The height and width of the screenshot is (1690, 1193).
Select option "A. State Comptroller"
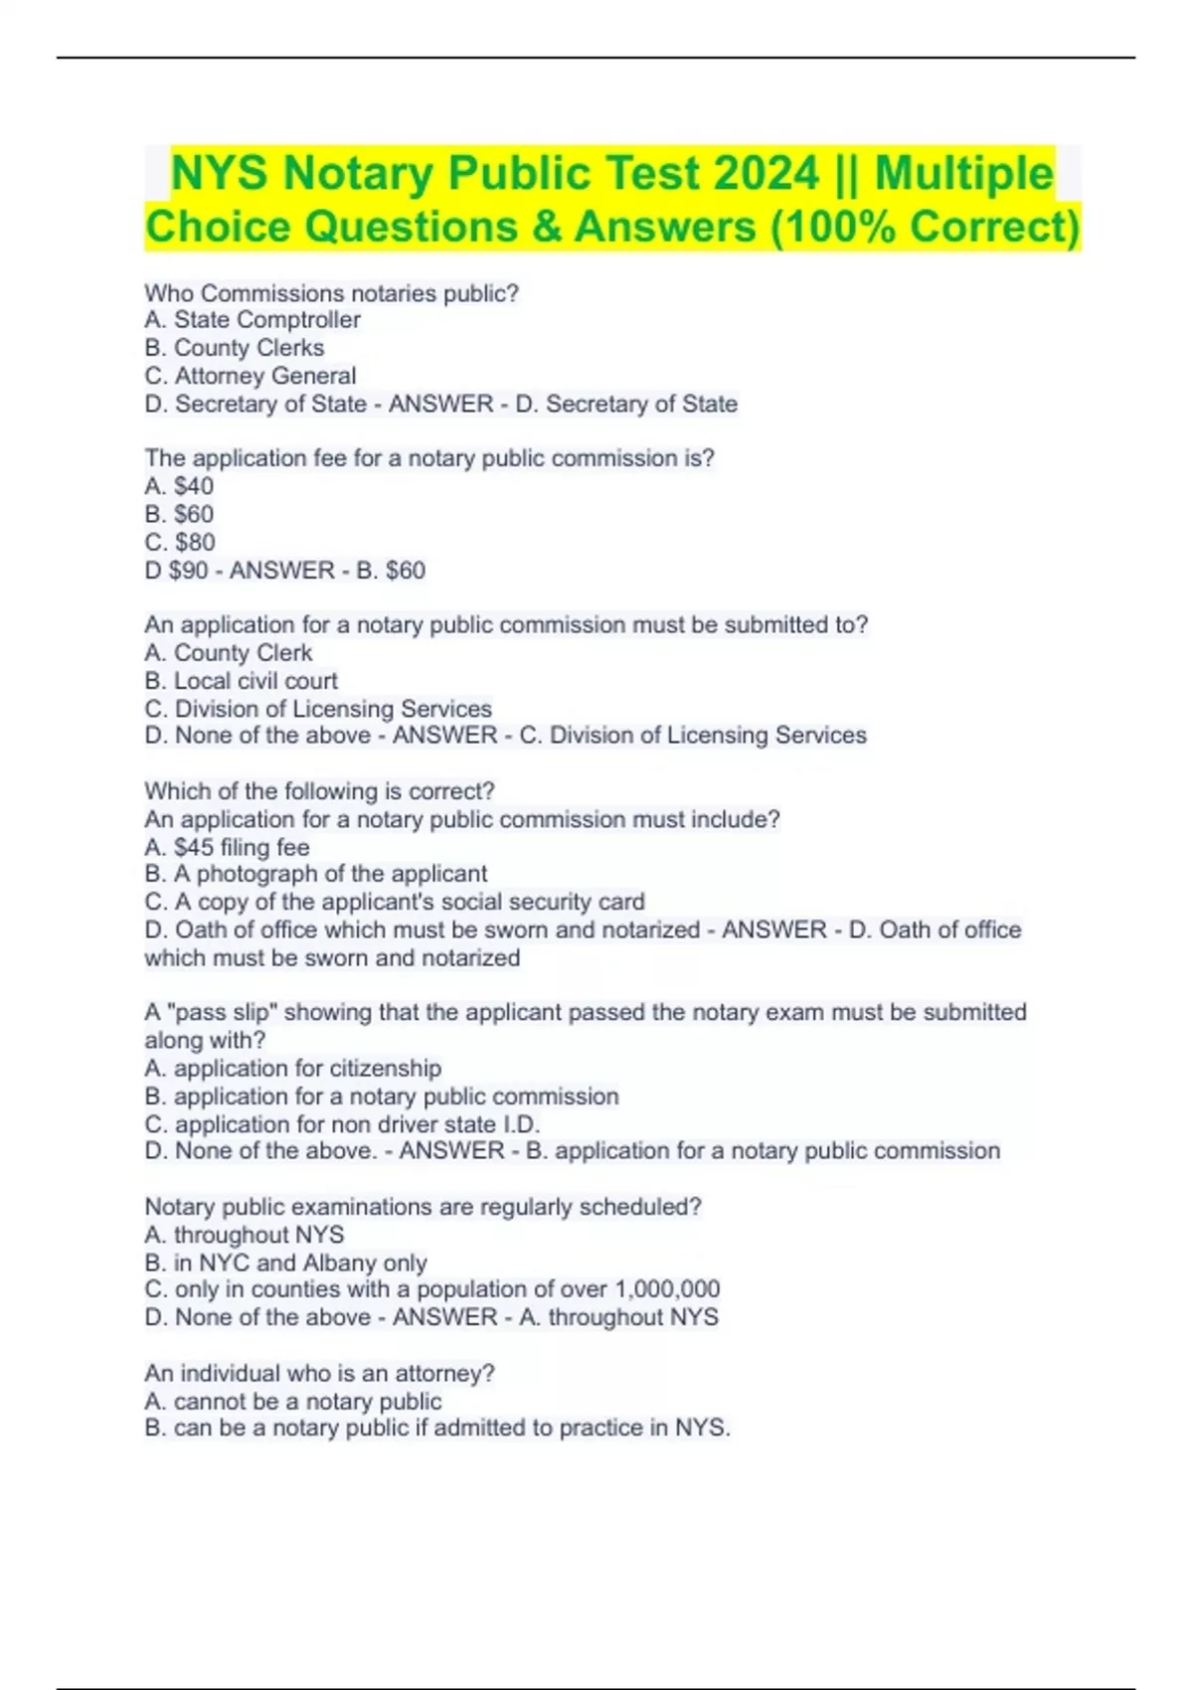coord(253,320)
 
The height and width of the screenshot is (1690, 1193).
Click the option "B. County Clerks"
coord(235,348)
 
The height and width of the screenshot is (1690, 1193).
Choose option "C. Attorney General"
coord(251,376)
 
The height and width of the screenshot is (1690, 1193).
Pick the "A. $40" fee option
coord(179,486)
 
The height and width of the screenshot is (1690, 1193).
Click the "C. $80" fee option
coord(180,542)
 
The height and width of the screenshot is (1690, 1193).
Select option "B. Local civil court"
coord(242,681)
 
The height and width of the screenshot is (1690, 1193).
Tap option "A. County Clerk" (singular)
coord(229,653)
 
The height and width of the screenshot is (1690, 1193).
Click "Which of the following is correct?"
coord(319,791)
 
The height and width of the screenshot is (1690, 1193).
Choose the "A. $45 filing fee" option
coord(228,847)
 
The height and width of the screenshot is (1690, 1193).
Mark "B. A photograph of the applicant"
coord(316,874)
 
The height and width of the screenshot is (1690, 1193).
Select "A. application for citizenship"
coord(293,1069)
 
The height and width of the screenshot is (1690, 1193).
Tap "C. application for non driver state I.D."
coord(342,1124)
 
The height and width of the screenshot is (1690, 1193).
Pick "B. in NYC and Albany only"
coord(286,1263)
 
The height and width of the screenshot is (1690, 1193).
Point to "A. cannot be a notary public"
coord(293,1402)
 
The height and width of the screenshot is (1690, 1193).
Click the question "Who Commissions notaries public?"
coord(332,293)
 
